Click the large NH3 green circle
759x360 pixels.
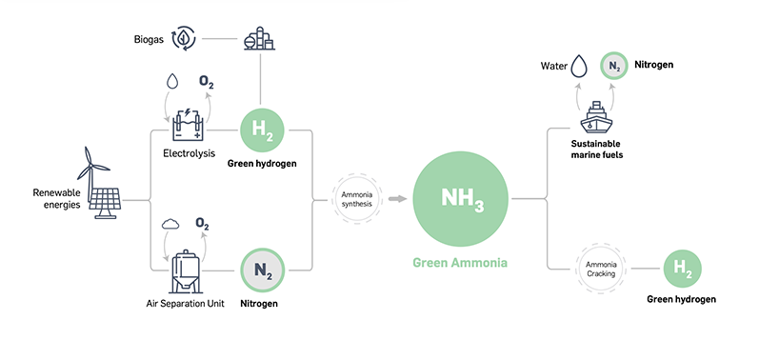pyautogui.click(x=462, y=199)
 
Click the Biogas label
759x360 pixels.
pyautogui.click(x=151, y=39)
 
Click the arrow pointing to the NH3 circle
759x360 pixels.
pyautogui.click(x=394, y=199)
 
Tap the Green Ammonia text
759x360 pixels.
pyautogui.click(x=461, y=263)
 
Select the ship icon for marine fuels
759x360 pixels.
pyautogui.click(x=595, y=117)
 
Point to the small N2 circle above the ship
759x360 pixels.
pyautogui.click(x=614, y=67)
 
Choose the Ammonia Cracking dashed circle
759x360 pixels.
pyautogui.click(x=600, y=269)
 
